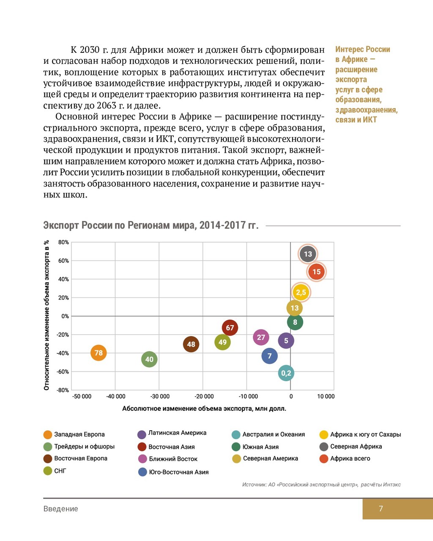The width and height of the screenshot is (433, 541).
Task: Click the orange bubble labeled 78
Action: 99,353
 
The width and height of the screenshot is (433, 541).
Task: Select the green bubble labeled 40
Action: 149,360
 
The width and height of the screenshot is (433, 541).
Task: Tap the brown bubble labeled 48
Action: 191,344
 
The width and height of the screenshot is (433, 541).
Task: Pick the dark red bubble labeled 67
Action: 230,328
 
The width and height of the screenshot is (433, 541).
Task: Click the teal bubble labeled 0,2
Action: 286,373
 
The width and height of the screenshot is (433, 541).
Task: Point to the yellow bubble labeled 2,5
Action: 301,292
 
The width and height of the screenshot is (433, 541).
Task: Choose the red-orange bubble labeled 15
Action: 317,272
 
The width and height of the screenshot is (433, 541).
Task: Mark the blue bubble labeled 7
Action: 269,356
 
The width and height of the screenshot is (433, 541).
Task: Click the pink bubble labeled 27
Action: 261,337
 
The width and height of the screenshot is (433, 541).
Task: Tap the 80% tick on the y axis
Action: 63,243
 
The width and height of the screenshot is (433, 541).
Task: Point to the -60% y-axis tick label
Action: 63,372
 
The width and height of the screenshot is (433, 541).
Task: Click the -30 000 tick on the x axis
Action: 160,396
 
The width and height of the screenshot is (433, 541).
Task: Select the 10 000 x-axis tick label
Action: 326,396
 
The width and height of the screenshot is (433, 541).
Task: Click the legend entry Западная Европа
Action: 79,434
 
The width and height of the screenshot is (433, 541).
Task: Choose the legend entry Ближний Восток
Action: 173,459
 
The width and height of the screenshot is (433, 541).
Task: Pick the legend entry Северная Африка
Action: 356,447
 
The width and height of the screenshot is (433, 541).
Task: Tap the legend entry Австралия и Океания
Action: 273,434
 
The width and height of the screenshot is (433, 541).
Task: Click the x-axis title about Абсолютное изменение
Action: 204,409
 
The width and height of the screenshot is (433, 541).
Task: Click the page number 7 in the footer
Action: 381,509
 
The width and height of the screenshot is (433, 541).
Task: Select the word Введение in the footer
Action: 60,509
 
